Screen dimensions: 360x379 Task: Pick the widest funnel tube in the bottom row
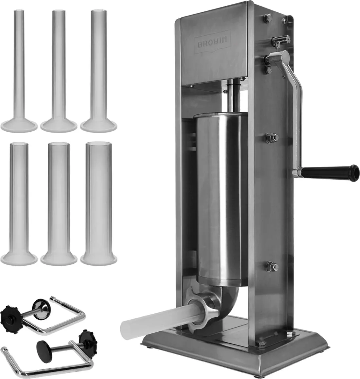point(99,203)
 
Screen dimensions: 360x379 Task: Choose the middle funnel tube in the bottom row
point(59,203)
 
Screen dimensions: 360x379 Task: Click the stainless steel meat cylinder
point(222,198)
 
